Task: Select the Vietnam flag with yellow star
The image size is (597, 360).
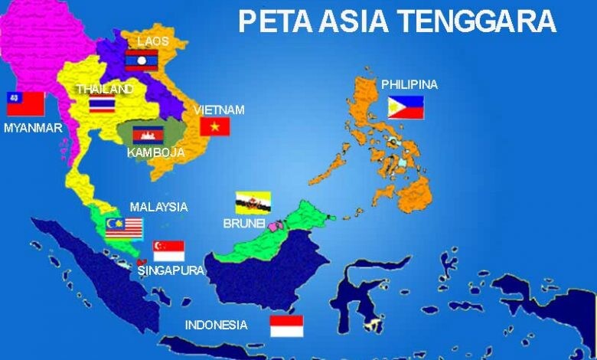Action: (x=215, y=126)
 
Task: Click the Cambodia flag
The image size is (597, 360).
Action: (x=148, y=135)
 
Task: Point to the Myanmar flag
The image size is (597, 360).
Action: (x=24, y=103)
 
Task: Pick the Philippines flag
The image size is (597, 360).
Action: (x=405, y=108)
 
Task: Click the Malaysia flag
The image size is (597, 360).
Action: (x=124, y=226)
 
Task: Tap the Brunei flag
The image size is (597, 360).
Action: (x=253, y=201)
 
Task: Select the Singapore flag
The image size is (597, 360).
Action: (x=168, y=250)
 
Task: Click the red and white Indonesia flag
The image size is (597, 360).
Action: (x=286, y=326)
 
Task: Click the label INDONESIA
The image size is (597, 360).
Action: (x=217, y=325)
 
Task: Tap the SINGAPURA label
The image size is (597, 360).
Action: (x=171, y=270)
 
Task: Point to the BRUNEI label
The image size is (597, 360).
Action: (x=243, y=223)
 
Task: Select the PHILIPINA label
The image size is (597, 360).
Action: (x=409, y=84)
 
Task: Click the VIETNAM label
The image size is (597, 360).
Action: (x=219, y=110)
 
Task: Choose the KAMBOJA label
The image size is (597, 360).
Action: (x=156, y=152)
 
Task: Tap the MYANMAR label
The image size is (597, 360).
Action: (x=33, y=128)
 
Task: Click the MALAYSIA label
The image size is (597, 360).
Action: (x=158, y=207)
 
